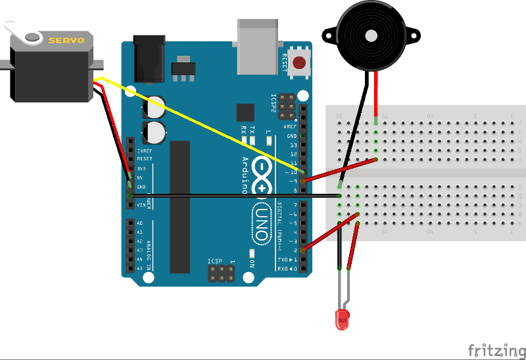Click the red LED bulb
(x=343, y=319)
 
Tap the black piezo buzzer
(x=369, y=35)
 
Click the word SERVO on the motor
(x=66, y=40)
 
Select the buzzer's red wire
(x=375, y=95)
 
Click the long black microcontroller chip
(x=179, y=206)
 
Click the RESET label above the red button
(x=285, y=63)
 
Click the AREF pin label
(x=290, y=126)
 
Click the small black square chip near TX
(x=245, y=112)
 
